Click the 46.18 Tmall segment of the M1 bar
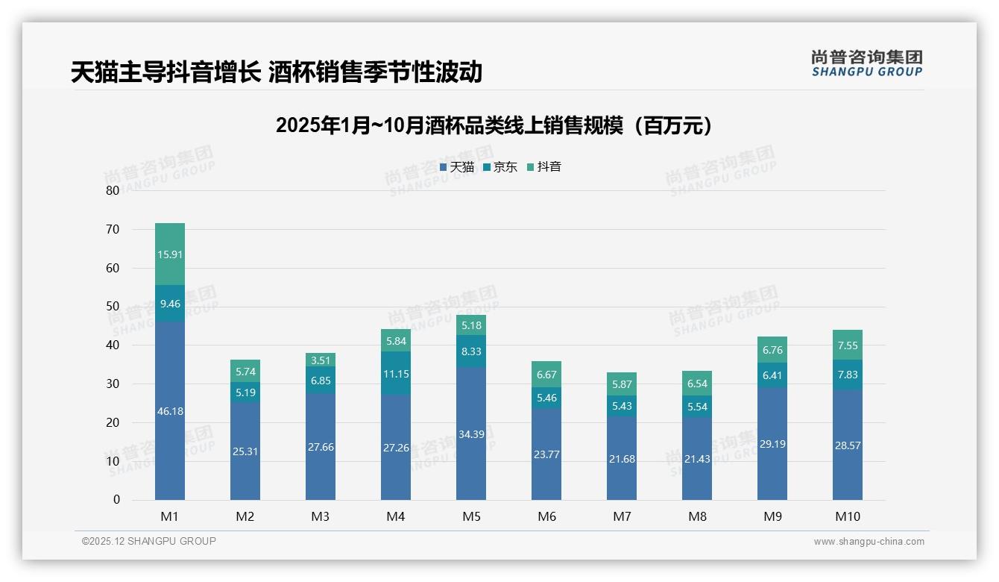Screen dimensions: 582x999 pos(170,411)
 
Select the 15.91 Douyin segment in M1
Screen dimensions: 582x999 pos(170,254)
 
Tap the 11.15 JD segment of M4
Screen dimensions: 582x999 pos(395,374)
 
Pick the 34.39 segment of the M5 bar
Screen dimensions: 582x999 pos(470,434)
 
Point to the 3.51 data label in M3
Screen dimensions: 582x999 pos(320,360)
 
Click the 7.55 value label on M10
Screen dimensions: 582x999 pos(847,345)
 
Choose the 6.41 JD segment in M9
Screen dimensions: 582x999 pos(772,375)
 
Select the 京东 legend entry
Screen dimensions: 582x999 pos(500,167)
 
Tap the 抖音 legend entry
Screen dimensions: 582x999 pos(544,167)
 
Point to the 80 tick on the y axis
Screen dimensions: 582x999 pos(113,190)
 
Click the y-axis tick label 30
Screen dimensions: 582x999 pos(113,384)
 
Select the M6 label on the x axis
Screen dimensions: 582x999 pos(546,516)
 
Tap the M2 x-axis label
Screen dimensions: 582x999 pos(245,516)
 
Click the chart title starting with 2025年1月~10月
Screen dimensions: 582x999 pos(494,126)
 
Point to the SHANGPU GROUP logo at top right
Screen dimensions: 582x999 pos(866,63)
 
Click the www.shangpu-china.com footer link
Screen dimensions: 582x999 pos(869,542)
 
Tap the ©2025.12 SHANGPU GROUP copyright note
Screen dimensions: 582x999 pos(149,542)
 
